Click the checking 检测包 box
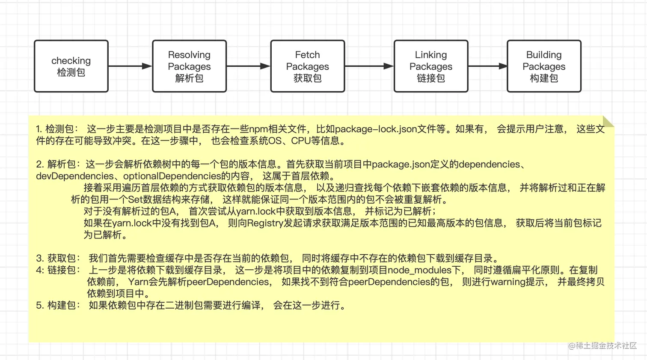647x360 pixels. (71, 66)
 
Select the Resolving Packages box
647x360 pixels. (189, 66)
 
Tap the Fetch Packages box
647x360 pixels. (307, 66)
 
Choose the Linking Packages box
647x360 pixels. (430, 66)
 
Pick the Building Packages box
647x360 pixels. (544, 66)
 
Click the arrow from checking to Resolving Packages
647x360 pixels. (130, 66)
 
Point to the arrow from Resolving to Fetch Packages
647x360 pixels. (248, 66)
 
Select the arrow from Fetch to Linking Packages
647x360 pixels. (369, 66)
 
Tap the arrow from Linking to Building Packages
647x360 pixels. (487, 66)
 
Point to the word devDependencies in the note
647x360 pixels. (75, 176)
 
